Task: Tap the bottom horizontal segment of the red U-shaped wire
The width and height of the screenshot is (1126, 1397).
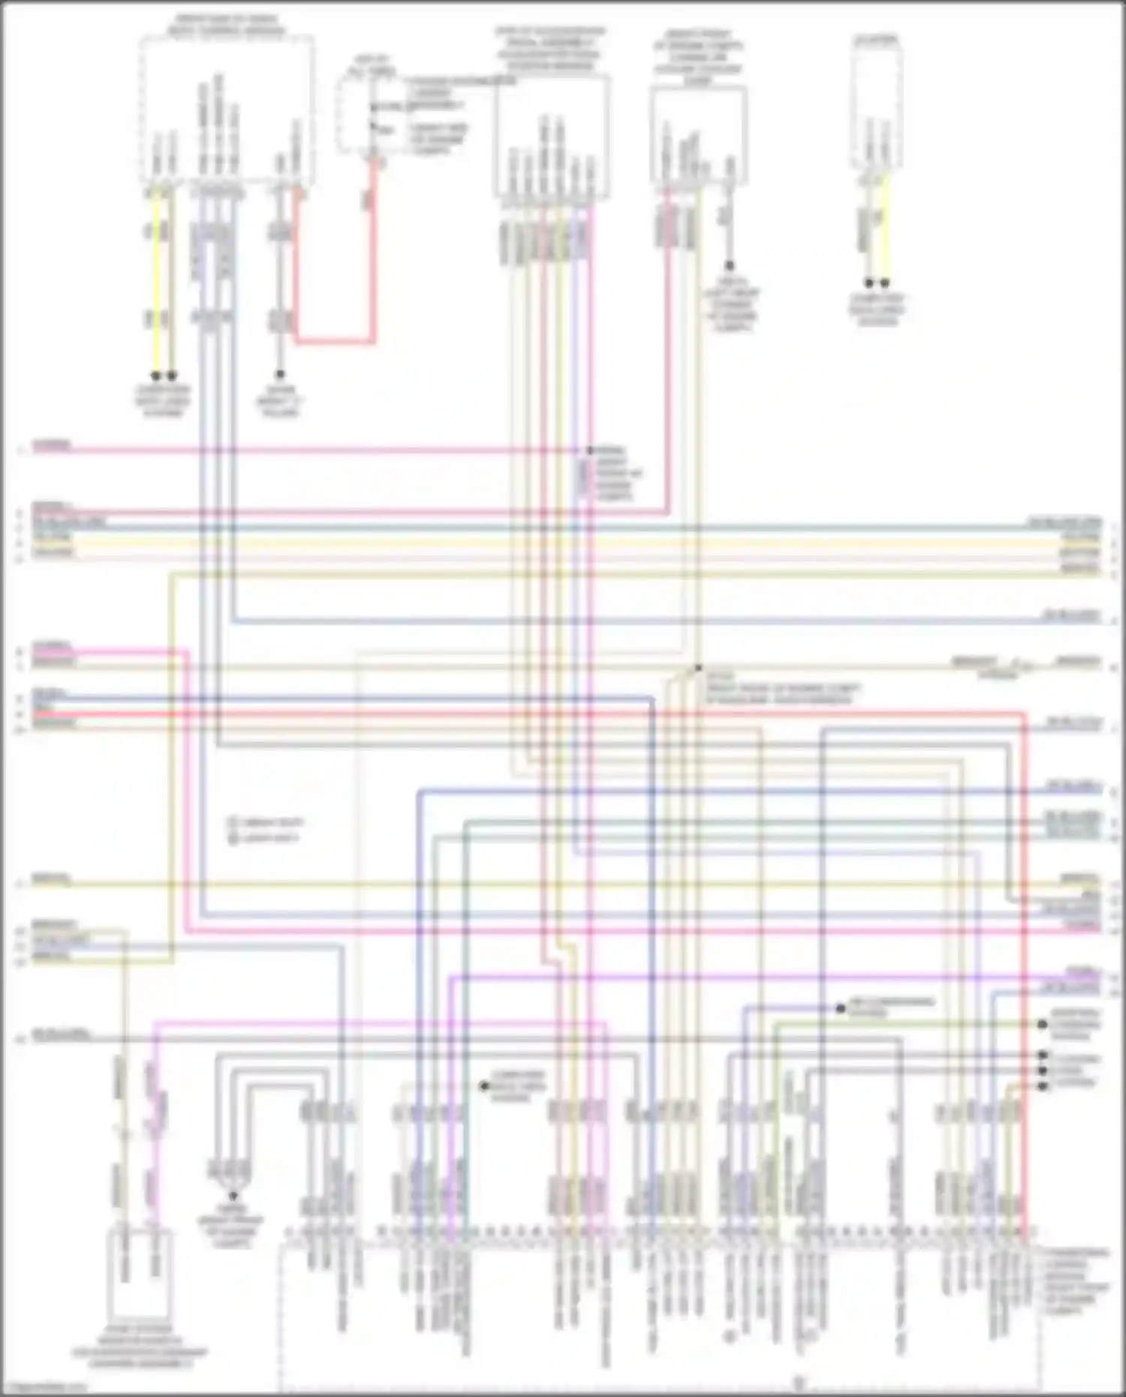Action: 334,342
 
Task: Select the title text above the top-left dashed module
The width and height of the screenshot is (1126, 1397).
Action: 226,26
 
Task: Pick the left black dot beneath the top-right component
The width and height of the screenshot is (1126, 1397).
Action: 869,283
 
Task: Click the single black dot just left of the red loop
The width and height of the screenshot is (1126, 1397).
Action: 279,374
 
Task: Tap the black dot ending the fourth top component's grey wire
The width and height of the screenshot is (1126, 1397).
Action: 729,266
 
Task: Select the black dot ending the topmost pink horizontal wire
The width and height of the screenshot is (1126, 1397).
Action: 589,450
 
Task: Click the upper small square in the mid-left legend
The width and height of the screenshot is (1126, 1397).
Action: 233,823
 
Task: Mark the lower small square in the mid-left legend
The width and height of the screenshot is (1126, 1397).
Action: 233,838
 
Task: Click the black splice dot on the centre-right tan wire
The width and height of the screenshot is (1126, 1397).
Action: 698,667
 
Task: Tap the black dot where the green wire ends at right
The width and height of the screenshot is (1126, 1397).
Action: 1043,1024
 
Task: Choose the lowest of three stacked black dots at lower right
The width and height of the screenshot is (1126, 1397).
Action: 1043,1086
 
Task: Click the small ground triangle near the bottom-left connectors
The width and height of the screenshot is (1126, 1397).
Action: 233,1196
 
